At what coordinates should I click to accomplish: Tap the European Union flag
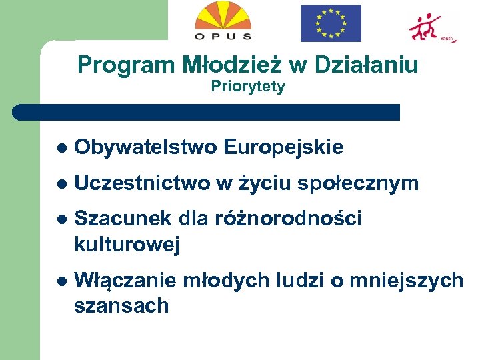click(331, 23)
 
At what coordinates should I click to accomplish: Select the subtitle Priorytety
click(248, 87)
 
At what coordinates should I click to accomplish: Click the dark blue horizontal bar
click(207, 112)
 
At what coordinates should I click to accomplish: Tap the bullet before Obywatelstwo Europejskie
click(61, 148)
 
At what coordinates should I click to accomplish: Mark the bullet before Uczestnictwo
click(61, 184)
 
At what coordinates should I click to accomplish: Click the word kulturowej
click(127, 245)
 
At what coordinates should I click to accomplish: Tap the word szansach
click(121, 306)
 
